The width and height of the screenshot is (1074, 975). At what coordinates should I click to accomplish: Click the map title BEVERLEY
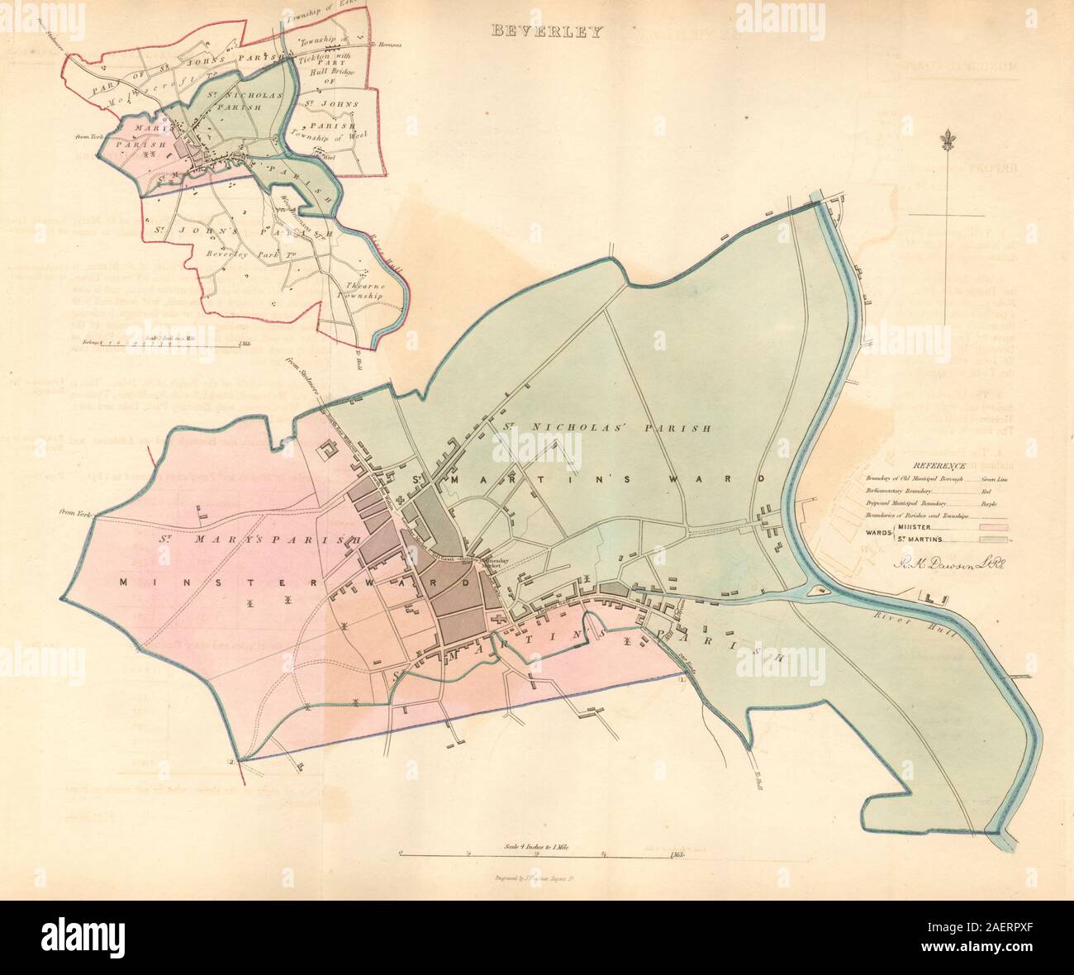tap(548, 32)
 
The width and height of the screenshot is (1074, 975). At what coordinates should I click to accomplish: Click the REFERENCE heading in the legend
tap(936, 466)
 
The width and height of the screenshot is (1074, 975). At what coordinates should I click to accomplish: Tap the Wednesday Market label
tap(493, 561)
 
